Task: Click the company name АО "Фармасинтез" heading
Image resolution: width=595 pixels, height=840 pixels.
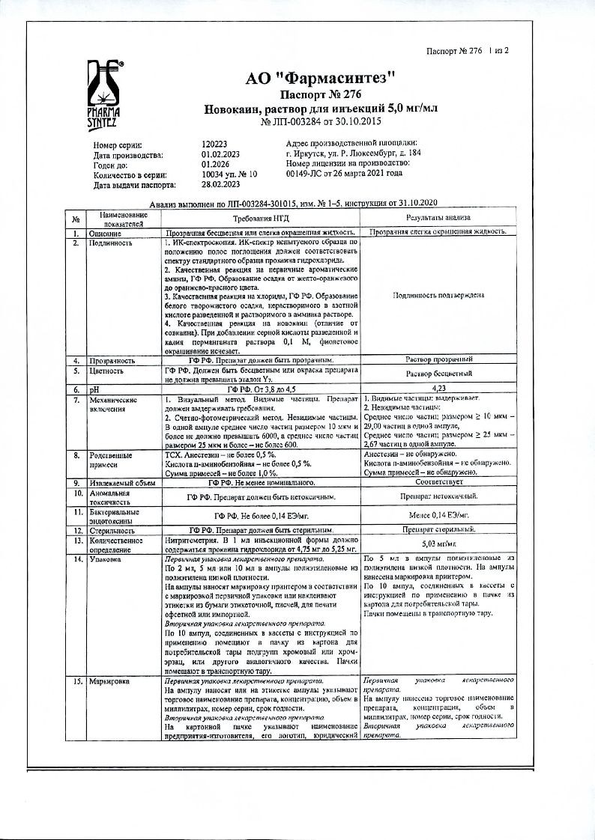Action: [x=320, y=78]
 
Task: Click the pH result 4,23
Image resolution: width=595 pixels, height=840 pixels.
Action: [x=438, y=389]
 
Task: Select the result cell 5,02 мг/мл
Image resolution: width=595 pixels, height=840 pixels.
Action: [x=438, y=543]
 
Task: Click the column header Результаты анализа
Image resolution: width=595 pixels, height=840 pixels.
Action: [x=438, y=217]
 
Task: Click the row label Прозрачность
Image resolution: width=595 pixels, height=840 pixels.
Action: [x=115, y=360]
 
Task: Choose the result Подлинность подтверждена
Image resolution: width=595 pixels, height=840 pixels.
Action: [x=438, y=295]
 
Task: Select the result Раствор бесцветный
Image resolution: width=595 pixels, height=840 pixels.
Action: [x=438, y=374]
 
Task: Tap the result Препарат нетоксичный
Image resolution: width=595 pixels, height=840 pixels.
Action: [x=438, y=496]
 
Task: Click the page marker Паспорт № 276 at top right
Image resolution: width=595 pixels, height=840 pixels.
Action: [x=455, y=52]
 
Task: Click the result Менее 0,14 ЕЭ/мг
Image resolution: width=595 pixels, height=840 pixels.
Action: [x=438, y=515]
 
